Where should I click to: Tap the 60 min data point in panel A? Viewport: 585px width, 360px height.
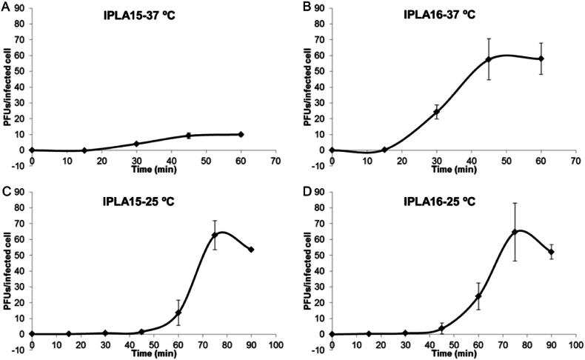pyautogui.click(x=241, y=134)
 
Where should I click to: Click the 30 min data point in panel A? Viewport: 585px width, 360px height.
pyautogui.click(x=136, y=144)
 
